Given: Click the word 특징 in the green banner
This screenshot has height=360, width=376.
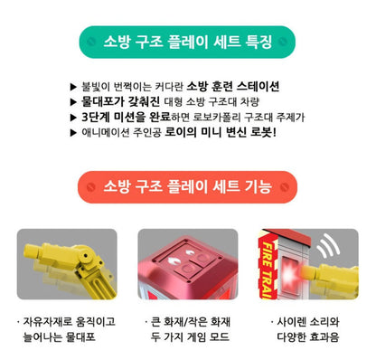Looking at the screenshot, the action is point(258,42).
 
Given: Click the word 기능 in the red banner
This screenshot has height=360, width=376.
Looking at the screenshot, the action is point(258,186).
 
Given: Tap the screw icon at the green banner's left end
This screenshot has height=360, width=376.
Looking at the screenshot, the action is point(91,42).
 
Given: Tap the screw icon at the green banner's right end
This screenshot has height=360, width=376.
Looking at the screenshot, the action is point(283,42).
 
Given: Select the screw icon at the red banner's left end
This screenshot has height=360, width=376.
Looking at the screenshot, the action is point(91,187).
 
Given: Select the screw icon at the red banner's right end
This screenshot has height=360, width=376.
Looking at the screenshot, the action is point(285,187).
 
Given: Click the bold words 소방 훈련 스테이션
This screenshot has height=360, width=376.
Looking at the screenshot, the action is point(233,87).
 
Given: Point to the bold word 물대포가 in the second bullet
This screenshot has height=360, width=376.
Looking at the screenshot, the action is point(102,101).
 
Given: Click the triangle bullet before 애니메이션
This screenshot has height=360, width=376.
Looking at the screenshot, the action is point(73,133).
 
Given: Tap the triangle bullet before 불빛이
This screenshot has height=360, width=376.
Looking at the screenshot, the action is point(73,87).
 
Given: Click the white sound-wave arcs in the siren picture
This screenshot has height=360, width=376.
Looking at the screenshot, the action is point(329,246).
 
